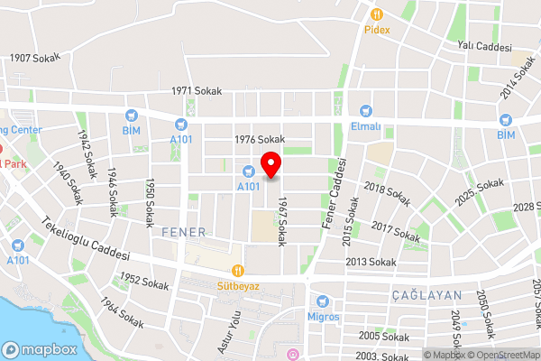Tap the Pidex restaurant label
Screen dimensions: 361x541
378,28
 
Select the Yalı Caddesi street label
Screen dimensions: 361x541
483,46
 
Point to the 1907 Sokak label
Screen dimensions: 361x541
34,58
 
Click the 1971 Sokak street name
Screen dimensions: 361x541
196,91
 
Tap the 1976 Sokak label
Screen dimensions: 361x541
259,139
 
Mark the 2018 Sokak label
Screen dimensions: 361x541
387,191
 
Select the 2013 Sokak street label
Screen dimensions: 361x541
371,262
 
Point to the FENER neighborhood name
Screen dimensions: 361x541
184,232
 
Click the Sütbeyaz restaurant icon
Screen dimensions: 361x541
238,270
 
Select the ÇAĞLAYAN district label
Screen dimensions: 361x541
426,295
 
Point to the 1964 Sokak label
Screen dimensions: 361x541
122,313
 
